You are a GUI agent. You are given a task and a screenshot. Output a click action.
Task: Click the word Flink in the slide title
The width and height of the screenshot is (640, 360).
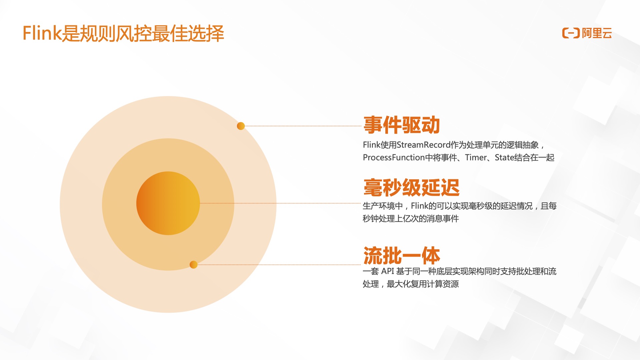[x=42, y=33]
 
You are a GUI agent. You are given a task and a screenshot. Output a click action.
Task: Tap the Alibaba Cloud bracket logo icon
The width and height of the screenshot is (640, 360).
[x=571, y=33]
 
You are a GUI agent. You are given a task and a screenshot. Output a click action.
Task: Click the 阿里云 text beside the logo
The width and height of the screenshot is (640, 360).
[x=597, y=33]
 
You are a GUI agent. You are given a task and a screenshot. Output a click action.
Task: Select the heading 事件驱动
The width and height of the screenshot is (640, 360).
[x=401, y=125]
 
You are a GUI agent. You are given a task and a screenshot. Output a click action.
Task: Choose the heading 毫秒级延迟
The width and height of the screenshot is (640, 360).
[x=411, y=187]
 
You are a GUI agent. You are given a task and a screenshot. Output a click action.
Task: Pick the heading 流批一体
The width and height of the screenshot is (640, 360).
[x=402, y=255]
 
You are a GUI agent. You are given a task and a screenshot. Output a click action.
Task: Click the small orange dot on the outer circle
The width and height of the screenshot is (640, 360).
[x=241, y=126]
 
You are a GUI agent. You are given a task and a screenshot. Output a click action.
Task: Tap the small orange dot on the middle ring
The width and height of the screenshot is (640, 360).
[x=193, y=265]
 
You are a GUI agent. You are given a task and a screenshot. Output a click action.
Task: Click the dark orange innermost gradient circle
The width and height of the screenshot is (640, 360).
[x=168, y=203]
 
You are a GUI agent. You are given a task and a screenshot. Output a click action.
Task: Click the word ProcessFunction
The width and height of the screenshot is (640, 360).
[x=394, y=157]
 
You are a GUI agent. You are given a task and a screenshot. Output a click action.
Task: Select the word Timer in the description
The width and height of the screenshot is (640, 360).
[x=476, y=157]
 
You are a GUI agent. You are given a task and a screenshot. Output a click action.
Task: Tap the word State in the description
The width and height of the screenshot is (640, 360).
[x=504, y=157]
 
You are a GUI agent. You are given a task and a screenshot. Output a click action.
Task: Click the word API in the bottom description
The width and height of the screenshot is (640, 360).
[x=388, y=271]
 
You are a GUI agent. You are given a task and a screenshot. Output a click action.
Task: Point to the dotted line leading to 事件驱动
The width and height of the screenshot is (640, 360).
[x=303, y=126]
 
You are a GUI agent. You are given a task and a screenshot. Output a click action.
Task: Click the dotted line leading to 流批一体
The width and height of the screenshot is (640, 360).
[x=279, y=265]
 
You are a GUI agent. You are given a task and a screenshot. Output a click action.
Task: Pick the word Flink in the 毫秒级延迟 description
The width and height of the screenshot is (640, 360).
[x=419, y=206]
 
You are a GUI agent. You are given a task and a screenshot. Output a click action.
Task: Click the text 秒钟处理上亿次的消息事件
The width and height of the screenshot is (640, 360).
[x=411, y=219]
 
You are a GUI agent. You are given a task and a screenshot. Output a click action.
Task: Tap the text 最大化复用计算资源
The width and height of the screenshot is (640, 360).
[x=423, y=284]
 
